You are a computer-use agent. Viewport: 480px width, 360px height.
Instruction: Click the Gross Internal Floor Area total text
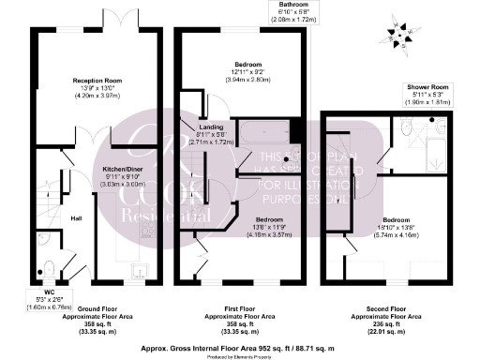pyautogui.click(x=239, y=346)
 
